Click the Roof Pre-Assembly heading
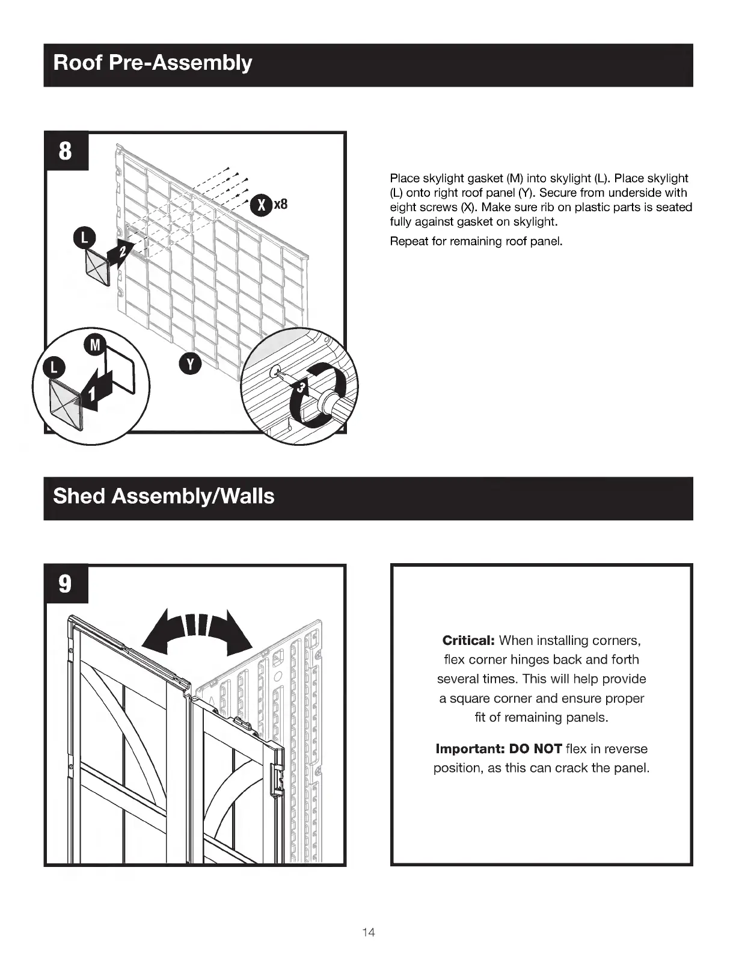click(x=153, y=63)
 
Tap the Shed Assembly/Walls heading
click(x=164, y=496)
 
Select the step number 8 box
click(x=65, y=150)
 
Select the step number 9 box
click(x=65, y=584)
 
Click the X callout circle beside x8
click(x=261, y=205)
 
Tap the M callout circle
click(x=94, y=345)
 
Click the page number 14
click(x=369, y=933)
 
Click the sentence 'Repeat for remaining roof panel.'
click(x=476, y=241)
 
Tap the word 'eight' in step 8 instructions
click(x=403, y=208)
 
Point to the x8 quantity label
click(x=281, y=205)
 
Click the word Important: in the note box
click(x=470, y=749)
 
